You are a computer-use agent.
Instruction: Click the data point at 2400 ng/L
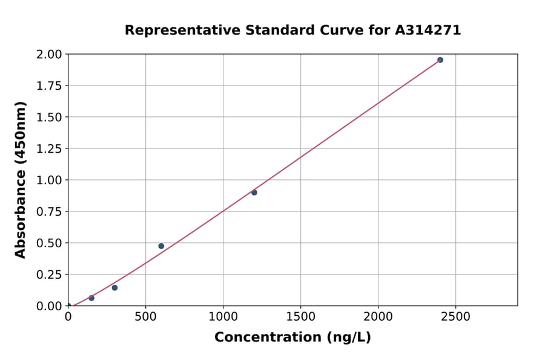(440, 60)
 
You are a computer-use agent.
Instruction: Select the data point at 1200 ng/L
(254, 193)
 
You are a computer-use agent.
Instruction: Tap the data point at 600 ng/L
(161, 246)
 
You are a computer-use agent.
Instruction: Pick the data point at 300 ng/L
(114, 288)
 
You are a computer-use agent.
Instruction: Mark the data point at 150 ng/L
(91, 298)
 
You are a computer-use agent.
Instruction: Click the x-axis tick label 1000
(223, 317)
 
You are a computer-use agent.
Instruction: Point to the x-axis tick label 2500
(456, 317)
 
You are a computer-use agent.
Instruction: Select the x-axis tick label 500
(145, 317)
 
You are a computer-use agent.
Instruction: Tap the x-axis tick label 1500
(301, 317)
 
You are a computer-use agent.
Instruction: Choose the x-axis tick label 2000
(378, 317)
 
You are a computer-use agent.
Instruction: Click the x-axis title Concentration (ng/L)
(292, 337)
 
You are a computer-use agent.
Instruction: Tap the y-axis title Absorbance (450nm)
(21, 179)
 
